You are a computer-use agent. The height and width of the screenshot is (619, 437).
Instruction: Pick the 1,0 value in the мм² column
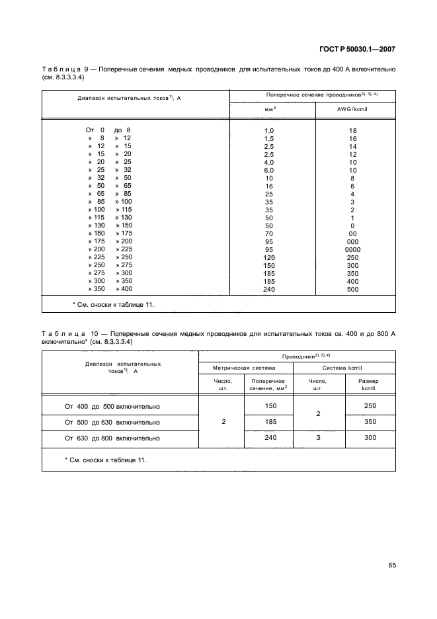point(268,131)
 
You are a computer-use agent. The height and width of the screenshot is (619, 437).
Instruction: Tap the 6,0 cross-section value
point(268,170)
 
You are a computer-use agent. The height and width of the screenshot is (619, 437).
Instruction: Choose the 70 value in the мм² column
point(268,233)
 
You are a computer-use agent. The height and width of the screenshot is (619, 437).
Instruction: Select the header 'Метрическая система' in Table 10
point(245,367)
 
